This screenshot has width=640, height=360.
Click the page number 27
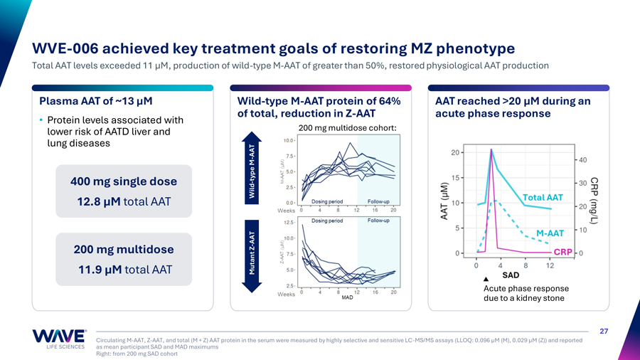tap(604, 331)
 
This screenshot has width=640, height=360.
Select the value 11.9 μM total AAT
tap(124, 270)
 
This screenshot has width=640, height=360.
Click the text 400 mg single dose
tap(124, 181)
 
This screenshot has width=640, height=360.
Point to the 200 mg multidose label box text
tap(124, 250)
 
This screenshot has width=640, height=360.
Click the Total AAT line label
tap(543, 197)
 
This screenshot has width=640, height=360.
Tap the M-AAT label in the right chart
tap(550, 233)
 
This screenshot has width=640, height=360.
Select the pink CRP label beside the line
tap(562, 252)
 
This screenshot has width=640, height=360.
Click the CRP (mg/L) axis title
tap(594, 201)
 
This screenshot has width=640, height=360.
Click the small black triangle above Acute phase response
tap(486, 278)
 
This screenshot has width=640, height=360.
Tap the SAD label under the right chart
tap(511, 275)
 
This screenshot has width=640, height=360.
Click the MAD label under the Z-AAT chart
tap(347, 297)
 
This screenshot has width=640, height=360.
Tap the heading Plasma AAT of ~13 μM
tap(96, 101)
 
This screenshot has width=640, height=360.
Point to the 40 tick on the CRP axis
tap(582, 159)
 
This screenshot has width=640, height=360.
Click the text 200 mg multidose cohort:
tap(347, 128)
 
